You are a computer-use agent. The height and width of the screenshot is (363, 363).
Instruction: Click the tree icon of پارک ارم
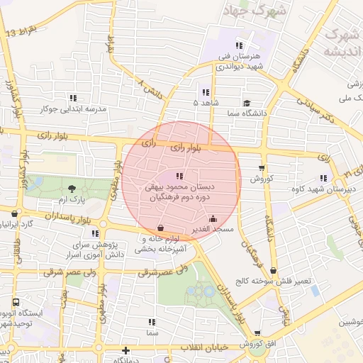point(72,189)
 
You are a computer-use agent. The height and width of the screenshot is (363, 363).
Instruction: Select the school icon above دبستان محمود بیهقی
point(179,176)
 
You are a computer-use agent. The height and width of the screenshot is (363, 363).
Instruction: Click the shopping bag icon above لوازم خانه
point(160,228)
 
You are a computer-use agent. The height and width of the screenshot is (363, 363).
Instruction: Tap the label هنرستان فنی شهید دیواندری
point(238,61)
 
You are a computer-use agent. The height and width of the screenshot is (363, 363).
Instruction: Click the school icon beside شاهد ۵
point(206,92)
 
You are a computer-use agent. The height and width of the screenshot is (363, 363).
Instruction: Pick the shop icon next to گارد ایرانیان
point(15,213)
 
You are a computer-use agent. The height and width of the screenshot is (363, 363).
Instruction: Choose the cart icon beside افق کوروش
point(257,333)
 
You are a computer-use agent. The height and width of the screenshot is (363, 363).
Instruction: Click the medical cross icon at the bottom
point(125,350)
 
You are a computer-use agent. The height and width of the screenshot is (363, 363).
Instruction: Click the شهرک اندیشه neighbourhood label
point(340,43)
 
